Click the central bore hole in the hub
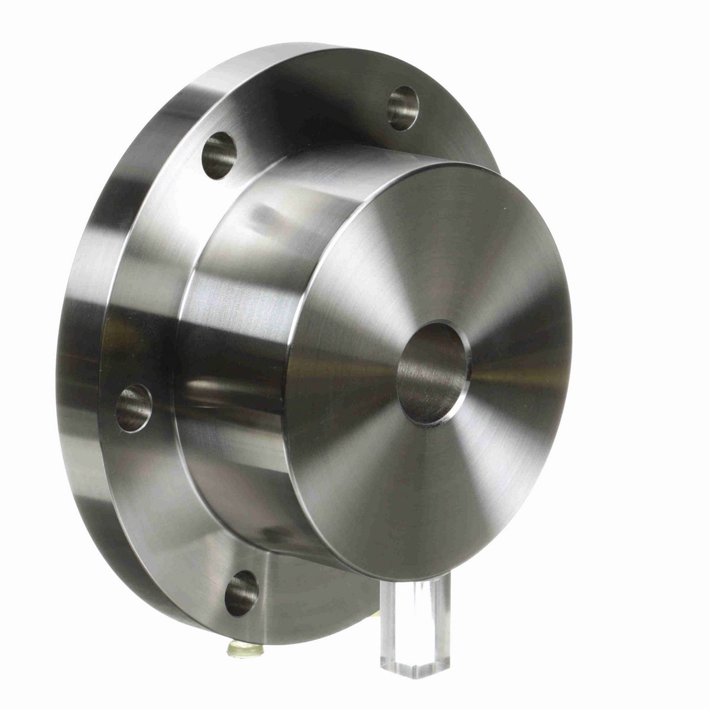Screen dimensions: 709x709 pyautogui.click(x=432, y=373)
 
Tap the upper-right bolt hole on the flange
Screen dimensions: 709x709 pyautogui.click(x=403, y=108)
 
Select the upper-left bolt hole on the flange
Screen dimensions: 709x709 pyautogui.click(x=219, y=155)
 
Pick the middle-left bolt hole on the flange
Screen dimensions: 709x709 pyautogui.click(x=134, y=408)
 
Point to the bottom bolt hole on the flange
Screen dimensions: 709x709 pyautogui.click(x=241, y=593)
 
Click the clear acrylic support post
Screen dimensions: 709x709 pyautogui.click(x=415, y=626)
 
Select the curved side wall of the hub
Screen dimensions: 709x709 pyautogui.click(x=236, y=354)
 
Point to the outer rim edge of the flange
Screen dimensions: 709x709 pyautogui.click(x=77, y=354)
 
